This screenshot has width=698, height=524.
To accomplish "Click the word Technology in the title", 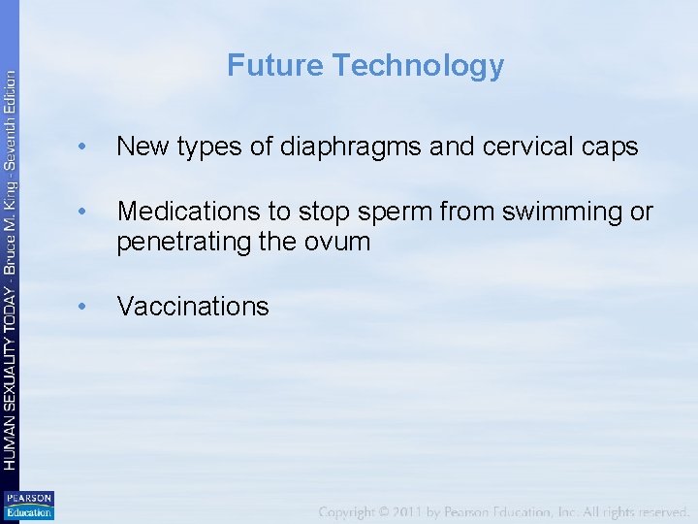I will click(x=418, y=66).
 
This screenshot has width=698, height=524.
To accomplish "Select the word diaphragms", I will click(x=349, y=147).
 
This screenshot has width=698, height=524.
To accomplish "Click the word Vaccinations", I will click(x=193, y=307).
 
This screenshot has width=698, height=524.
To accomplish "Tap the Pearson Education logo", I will click(x=29, y=506).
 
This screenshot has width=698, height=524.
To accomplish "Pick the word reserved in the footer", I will click(x=662, y=510).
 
